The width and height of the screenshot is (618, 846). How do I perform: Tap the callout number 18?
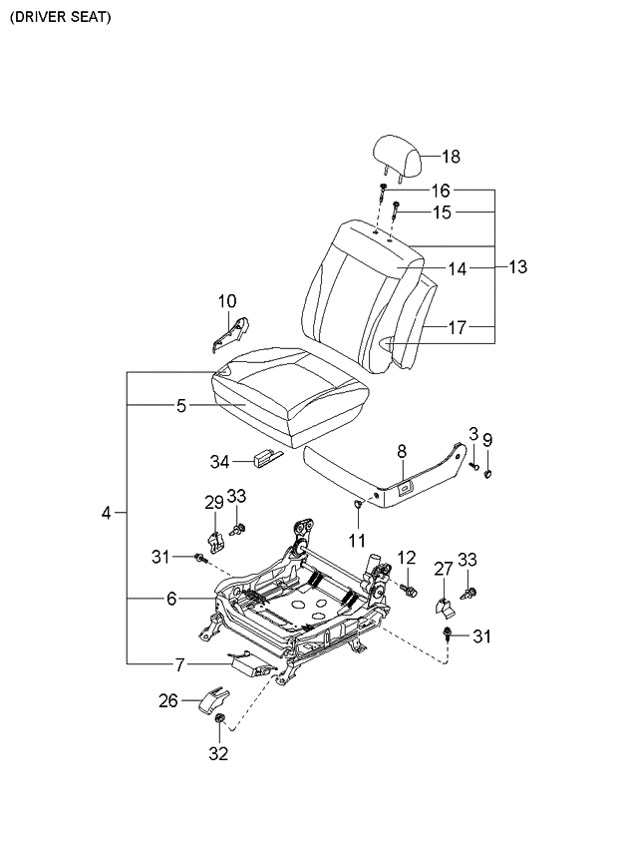pyautogui.click(x=451, y=157)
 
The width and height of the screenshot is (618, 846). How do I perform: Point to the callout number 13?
pyautogui.click(x=517, y=267)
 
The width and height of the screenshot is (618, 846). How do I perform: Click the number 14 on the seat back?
pyautogui.click(x=456, y=268)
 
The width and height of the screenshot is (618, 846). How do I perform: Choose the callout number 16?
pyautogui.click(x=440, y=191)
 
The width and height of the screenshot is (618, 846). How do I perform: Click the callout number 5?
pyautogui.click(x=180, y=406)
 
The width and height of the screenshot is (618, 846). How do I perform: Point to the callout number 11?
pyautogui.click(x=358, y=540)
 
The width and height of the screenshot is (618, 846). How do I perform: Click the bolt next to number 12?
pyautogui.click(x=408, y=589)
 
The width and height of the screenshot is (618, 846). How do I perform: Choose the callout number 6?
pyautogui.click(x=170, y=599)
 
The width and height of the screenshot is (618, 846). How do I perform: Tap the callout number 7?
pyautogui.click(x=180, y=663)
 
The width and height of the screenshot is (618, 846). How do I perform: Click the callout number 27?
pyautogui.click(x=443, y=569)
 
